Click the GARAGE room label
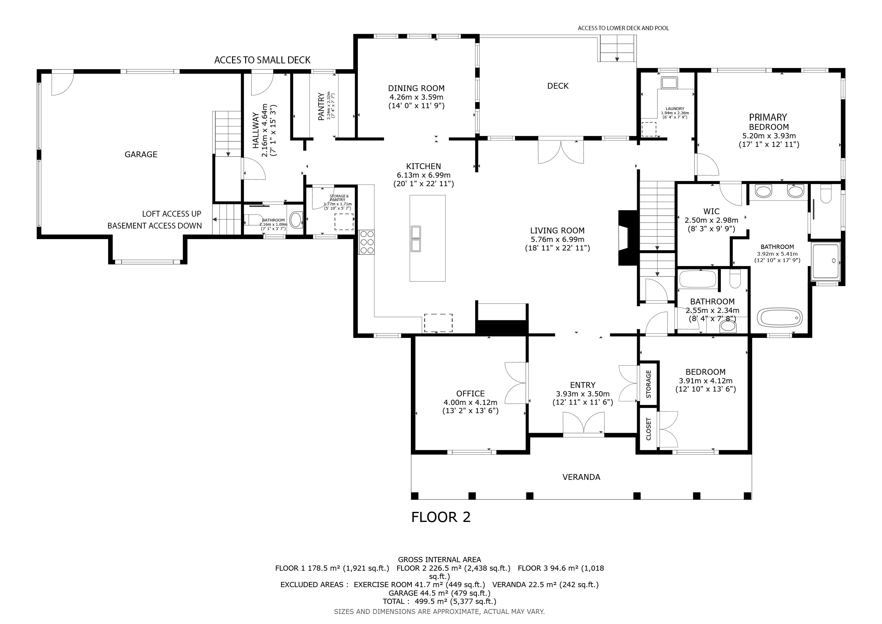point(141,154)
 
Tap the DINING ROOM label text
point(416,88)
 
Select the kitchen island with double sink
point(428,238)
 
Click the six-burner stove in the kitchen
point(366,242)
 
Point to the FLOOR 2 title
point(441,517)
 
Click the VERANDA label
point(581,477)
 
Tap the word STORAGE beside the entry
point(649,384)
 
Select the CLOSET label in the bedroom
point(649,429)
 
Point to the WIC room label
point(711,211)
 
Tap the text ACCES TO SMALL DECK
point(262,60)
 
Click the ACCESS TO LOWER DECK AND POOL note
point(623,28)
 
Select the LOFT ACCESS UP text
point(172,214)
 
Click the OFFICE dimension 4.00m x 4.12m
point(471,402)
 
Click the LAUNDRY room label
point(675,109)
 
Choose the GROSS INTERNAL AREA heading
point(439,560)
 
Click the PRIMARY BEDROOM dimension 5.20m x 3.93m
point(769,136)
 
